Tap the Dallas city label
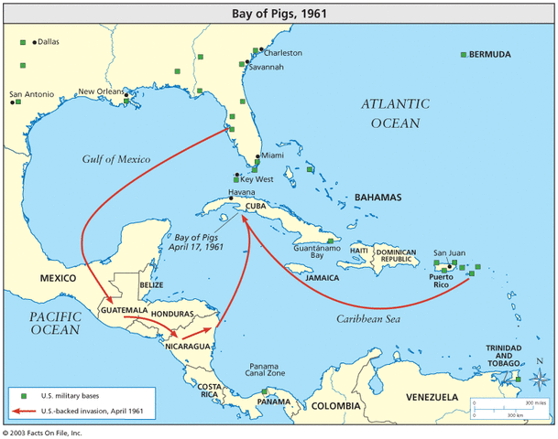click(x=48, y=42)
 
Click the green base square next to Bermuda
click(x=464, y=55)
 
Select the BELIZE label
click(x=152, y=284)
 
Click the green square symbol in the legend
click(x=24, y=396)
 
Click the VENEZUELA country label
click(x=427, y=397)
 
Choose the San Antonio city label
click(x=31, y=93)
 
